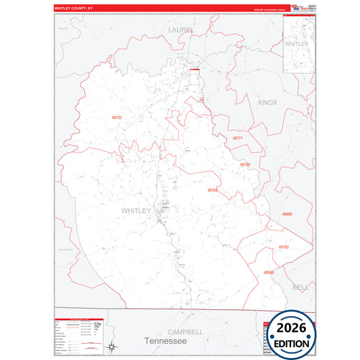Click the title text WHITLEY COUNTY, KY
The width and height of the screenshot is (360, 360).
tap(74, 9)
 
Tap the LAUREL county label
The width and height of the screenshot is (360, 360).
tap(180, 30)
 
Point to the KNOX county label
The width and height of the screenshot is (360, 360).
tap(267, 102)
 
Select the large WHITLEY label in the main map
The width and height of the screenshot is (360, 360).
tap(136, 211)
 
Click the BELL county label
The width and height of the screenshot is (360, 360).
tap(299, 287)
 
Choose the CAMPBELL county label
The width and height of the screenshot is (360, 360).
tap(185, 332)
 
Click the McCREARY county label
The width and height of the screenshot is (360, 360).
tap(66, 249)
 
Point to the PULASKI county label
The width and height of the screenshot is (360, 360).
tap(63, 29)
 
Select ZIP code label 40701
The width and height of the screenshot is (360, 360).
tap(117, 118)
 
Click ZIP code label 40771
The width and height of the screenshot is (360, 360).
tap(237, 138)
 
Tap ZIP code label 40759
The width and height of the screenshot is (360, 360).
tap(245, 164)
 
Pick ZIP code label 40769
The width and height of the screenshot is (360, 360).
tap(213, 190)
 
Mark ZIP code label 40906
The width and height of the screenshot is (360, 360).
tap(287, 213)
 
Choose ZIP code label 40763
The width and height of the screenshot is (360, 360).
tap(283, 247)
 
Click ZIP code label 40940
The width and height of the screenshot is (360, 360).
tap(269, 272)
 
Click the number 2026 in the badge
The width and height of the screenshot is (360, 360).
tap(292, 329)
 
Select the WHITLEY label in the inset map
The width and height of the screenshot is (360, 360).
tap(296, 44)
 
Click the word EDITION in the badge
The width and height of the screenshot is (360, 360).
tap(292, 343)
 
